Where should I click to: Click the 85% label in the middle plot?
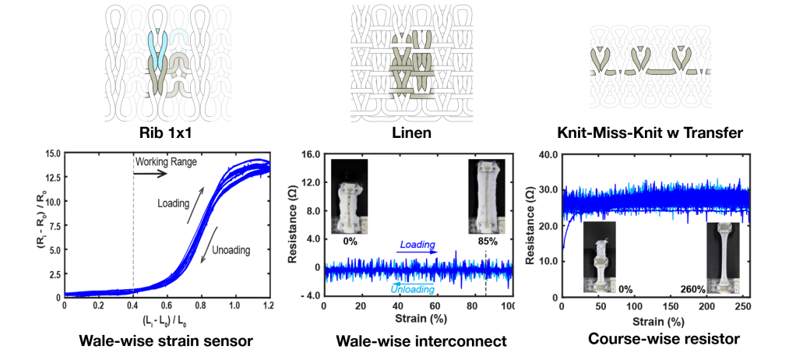tap(488, 241)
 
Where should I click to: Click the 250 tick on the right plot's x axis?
tap(738, 309)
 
